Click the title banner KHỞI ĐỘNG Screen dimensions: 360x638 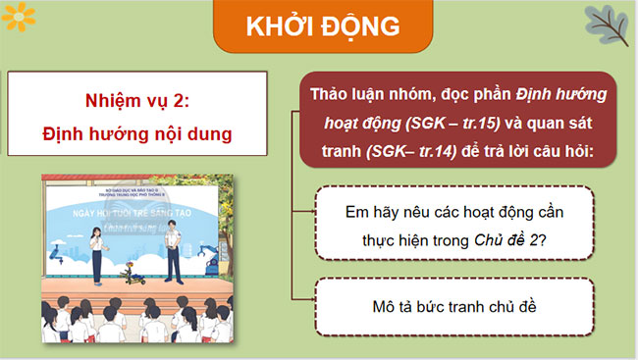[x=318, y=26]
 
